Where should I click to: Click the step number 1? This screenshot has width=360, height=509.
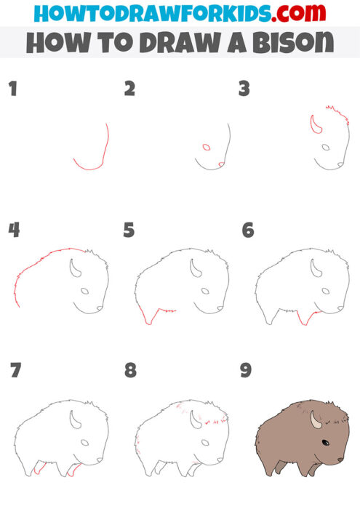(12, 89)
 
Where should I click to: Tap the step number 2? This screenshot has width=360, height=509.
(129, 89)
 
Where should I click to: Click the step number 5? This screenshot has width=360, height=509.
(129, 231)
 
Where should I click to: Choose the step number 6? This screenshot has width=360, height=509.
(247, 231)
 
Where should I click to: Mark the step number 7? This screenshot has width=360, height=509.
(15, 370)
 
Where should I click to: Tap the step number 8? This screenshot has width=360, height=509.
(130, 370)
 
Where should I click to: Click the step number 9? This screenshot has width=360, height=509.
(246, 370)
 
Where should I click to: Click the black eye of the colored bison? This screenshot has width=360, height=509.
(324, 443)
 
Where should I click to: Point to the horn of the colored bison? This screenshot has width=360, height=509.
(315, 420)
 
